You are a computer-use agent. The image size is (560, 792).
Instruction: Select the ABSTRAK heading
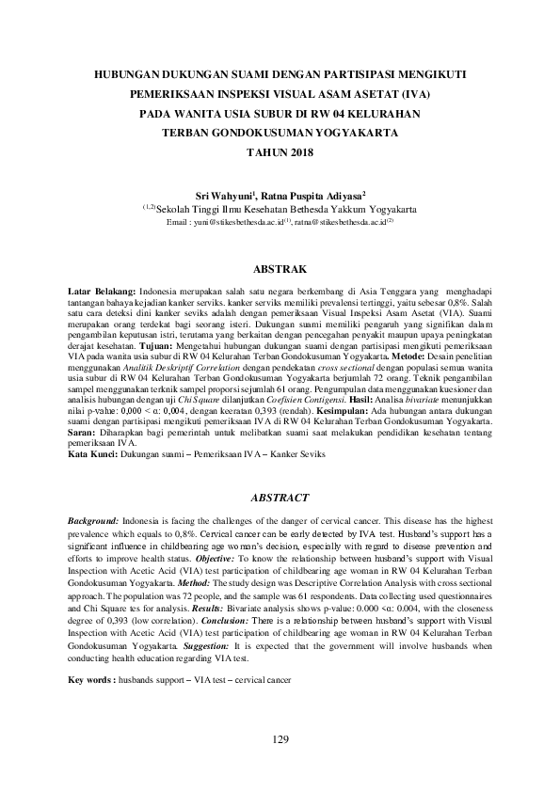click(280, 268)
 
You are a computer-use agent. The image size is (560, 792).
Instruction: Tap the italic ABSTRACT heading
click(280, 497)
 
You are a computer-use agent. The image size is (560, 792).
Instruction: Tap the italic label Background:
click(94, 520)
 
